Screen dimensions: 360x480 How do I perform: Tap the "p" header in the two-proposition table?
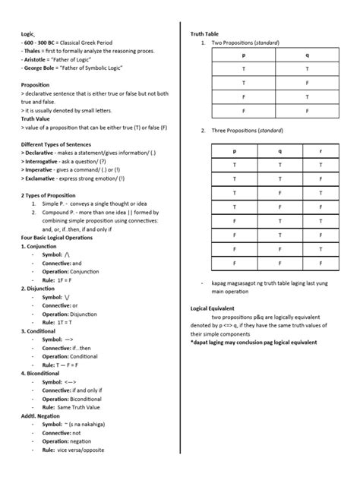(243, 55)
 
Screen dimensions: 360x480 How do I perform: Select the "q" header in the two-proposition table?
(307, 55)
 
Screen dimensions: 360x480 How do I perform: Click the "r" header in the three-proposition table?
(321, 150)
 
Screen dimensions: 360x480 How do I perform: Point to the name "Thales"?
(33, 51)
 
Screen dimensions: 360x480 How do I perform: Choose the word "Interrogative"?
(46, 160)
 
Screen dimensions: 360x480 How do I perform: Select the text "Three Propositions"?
(233, 131)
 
